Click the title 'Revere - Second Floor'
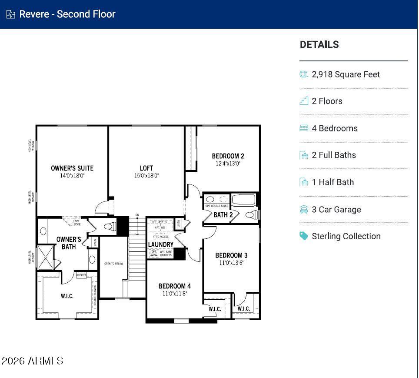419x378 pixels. pos(67,14)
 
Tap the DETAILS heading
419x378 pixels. pos(319,44)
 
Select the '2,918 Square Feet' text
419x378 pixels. pos(346,74)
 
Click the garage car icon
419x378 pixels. pos(304,210)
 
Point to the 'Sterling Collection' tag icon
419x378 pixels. pos(304,236)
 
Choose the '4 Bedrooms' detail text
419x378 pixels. pos(334,128)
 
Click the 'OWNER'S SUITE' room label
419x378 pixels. pos(72,168)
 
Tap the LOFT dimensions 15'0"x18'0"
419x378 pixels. pos(146,176)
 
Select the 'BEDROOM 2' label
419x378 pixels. pos(228,156)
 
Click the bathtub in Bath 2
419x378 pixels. pos(245,200)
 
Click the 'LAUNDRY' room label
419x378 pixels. pos(160,245)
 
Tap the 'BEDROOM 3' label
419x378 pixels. pos(231,255)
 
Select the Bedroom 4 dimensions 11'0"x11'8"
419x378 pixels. pos(174,294)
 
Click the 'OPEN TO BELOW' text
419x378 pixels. pos(113,264)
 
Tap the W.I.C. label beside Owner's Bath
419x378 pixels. pos(67,296)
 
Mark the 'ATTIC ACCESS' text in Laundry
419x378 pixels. pos(160,237)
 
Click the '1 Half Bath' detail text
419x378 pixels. pos(333,182)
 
